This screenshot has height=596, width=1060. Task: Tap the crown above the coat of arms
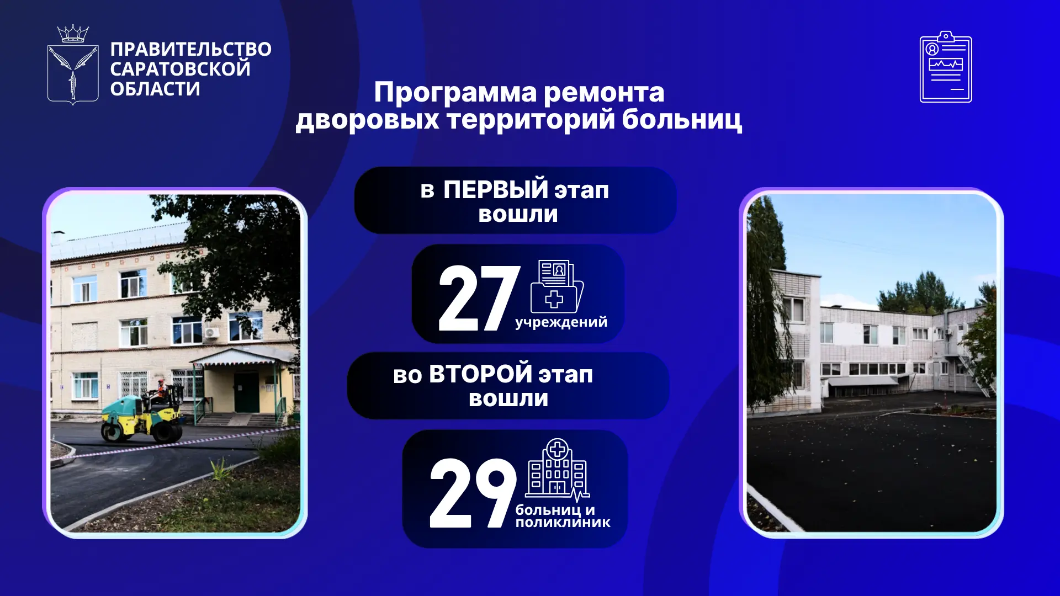73,34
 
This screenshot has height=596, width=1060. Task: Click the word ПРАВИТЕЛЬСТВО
190,50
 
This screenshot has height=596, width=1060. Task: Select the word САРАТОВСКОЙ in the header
180,70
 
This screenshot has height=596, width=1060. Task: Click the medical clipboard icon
946,67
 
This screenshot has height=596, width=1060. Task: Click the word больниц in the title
682,119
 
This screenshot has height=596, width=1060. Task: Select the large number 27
479,298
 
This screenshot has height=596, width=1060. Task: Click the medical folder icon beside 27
556,286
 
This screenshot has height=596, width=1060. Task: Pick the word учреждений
561,322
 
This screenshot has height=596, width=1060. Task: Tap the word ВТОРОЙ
480,374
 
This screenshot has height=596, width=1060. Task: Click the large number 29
473,493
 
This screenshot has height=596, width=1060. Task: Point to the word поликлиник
563,523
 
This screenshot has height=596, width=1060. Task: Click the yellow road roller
142,417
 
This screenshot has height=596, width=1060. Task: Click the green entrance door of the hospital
246,392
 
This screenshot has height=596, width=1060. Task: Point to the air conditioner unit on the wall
211,332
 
